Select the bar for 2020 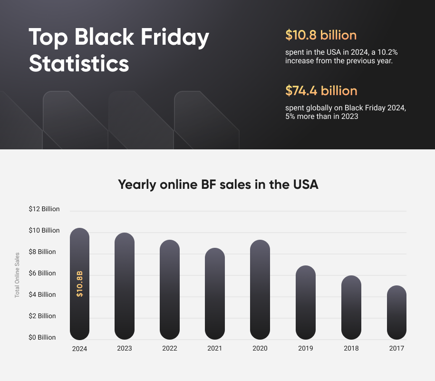(260, 290)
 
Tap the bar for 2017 (396, 313)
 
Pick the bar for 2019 (305, 303)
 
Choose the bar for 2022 (170, 290)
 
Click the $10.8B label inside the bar (80, 284)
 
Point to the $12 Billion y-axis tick (44, 209)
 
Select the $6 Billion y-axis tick (42, 273)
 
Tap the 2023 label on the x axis (125, 348)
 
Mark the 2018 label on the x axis (351, 348)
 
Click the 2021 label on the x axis (214, 348)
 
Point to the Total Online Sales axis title (17, 275)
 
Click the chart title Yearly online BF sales (218, 185)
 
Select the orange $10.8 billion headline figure (320, 35)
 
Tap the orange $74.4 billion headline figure (321, 90)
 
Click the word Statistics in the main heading (79, 64)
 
